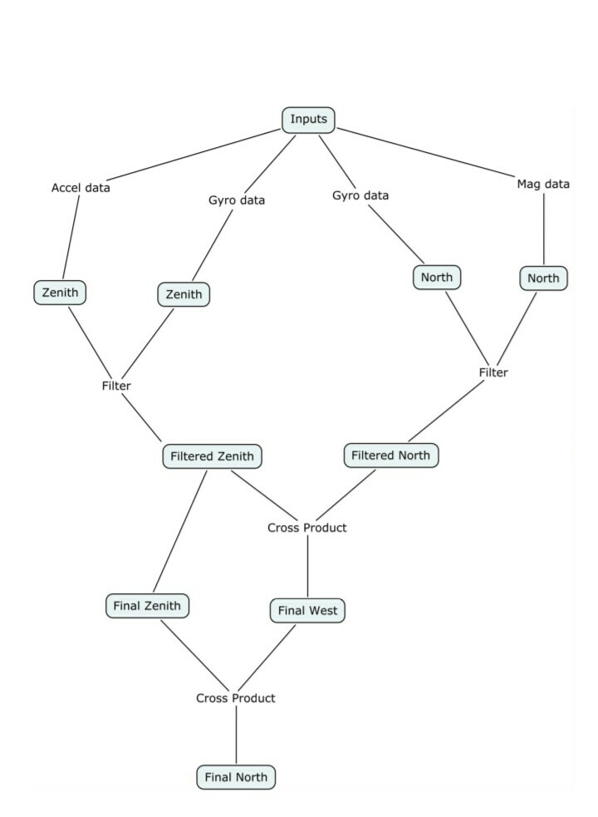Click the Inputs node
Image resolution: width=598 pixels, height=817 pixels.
point(309,120)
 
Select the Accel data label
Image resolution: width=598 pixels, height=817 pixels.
point(81,188)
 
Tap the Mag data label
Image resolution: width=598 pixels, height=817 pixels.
point(543,184)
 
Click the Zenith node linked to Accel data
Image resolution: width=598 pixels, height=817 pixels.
point(61,293)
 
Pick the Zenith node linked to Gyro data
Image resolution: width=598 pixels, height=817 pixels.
point(184,294)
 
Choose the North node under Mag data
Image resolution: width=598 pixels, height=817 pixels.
point(544,278)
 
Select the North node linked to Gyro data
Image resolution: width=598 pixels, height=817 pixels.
point(437,277)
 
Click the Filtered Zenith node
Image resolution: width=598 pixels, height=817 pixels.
point(213,456)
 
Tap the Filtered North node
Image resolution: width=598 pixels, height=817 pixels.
point(391,455)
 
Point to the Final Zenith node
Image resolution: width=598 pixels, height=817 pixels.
point(147,606)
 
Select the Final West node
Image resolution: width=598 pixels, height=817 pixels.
point(307,611)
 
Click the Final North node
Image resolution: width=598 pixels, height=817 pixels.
point(236,777)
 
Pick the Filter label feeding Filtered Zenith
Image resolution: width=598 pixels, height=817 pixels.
point(116,386)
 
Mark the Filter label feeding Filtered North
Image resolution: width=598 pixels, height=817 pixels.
point(493,372)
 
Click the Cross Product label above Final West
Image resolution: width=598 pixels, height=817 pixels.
point(307,528)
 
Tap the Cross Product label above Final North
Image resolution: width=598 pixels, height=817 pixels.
point(236,698)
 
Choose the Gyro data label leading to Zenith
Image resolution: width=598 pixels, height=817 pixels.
point(237,200)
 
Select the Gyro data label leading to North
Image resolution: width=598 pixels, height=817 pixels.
point(360,195)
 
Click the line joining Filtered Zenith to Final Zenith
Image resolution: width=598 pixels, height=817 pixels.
point(179,532)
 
